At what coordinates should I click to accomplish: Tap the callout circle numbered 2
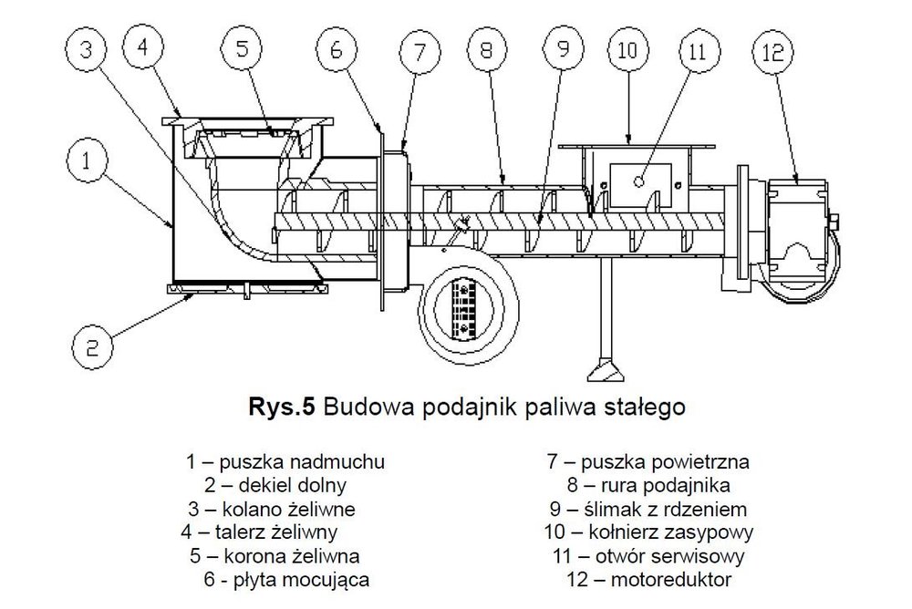click(x=91, y=346)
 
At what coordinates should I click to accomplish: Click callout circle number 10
click(x=627, y=50)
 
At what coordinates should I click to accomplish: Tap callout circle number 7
click(x=420, y=52)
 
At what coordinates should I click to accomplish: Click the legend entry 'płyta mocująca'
click(x=291, y=579)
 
